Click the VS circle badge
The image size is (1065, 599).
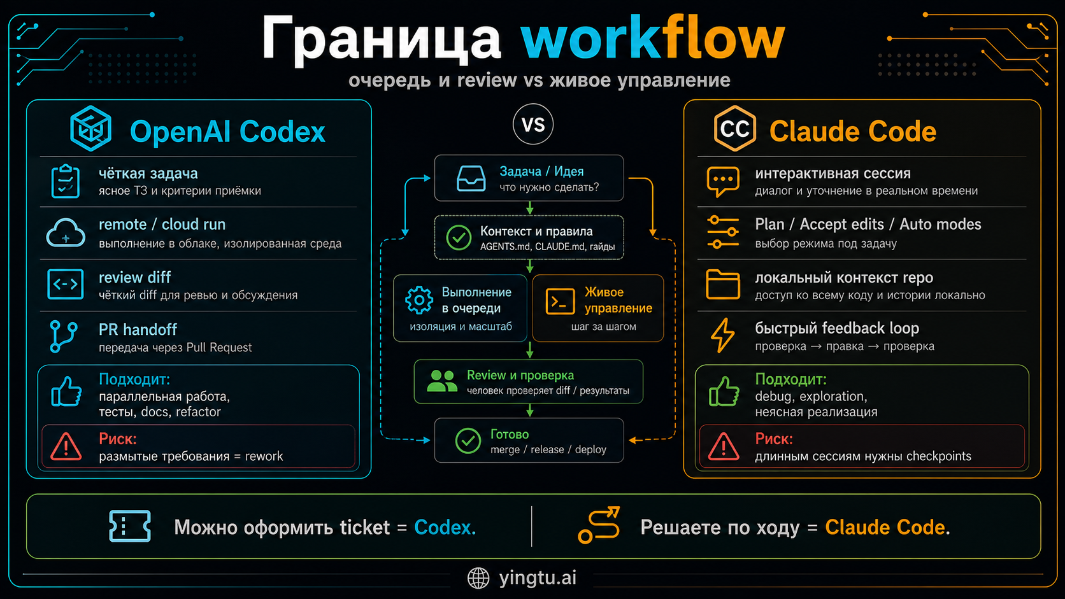tap(533, 124)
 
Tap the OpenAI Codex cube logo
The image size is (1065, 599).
tap(90, 129)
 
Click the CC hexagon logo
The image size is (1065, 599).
tap(734, 129)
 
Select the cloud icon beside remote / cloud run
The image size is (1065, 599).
tap(66, 233)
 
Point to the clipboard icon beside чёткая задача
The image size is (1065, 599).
tap(65, 181)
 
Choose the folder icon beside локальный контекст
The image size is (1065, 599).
tap(723, 285)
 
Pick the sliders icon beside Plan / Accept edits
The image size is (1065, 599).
tap(723, 232)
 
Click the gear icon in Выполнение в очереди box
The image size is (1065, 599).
tap(419, 300)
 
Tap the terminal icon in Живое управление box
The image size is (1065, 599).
tap(561, 302)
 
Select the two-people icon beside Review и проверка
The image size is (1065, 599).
tap(442, 381)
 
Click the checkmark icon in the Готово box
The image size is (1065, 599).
tap(468, 440)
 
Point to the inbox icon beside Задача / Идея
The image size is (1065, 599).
tap(471, 179)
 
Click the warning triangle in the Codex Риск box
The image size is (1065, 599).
tap(66, 447)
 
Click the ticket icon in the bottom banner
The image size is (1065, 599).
tap(130, 526)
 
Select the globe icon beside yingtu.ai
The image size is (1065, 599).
tap(478, 578)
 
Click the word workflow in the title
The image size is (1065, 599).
tap(652, 39)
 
